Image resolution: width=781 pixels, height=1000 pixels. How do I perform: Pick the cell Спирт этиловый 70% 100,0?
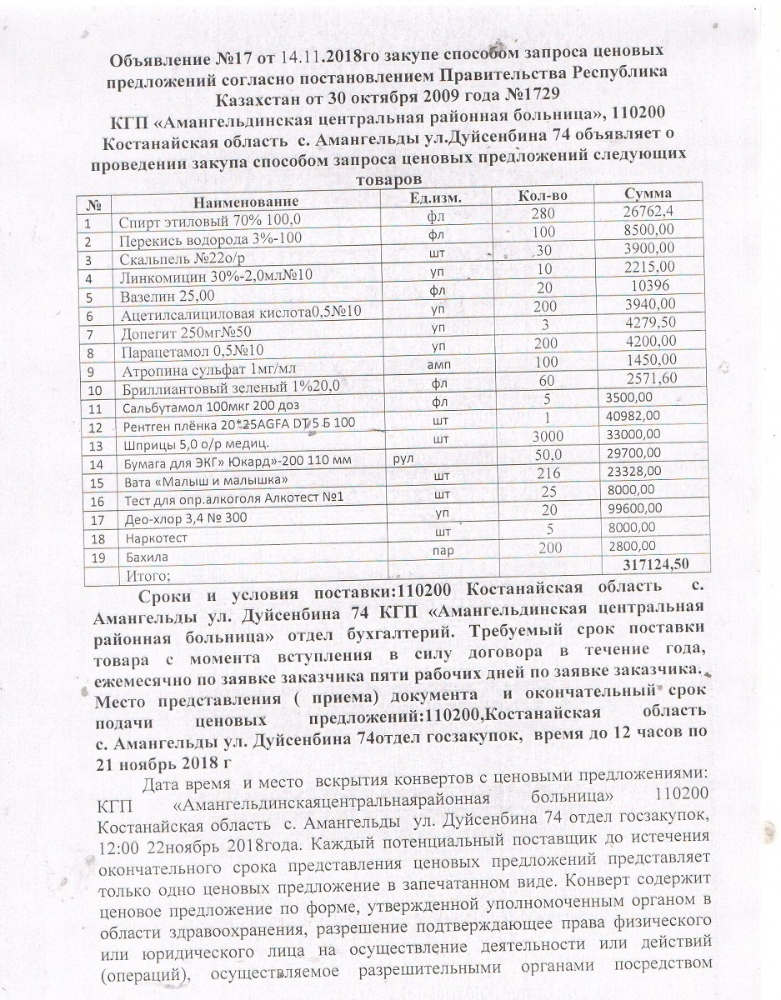click(x=209, y=221)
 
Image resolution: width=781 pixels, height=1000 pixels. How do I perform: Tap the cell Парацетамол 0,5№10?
click(x=193, y=351)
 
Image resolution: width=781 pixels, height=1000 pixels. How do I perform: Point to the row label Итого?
click(x=148, y=575)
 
